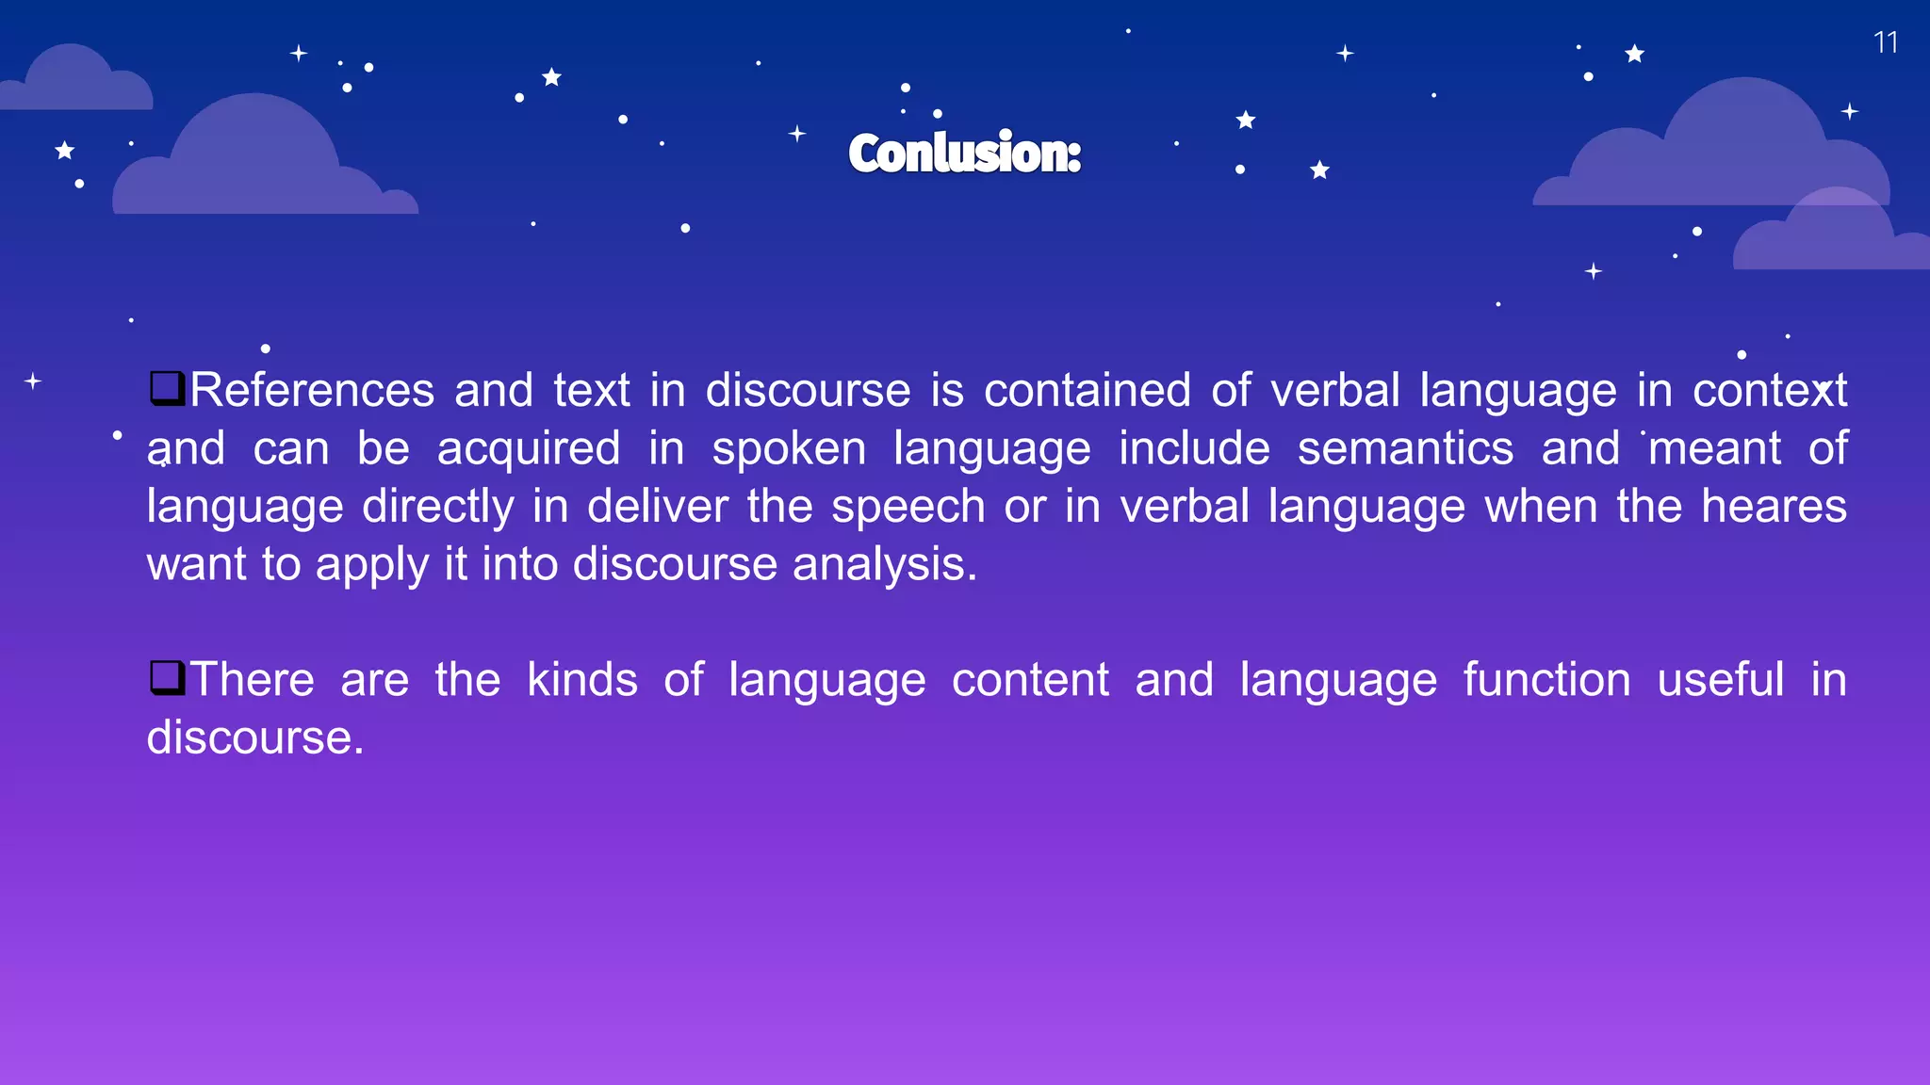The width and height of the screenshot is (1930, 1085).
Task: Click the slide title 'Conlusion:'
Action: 964,153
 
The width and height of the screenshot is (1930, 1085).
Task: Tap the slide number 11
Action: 1885,42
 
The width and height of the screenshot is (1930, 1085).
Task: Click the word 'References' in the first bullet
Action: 312,390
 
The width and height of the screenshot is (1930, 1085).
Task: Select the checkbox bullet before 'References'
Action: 167,387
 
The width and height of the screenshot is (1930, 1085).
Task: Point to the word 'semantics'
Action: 1405,448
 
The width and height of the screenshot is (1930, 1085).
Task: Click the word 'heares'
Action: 1774,506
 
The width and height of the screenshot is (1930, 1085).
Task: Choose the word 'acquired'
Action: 529,448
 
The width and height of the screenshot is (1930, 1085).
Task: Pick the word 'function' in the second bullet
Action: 1546,679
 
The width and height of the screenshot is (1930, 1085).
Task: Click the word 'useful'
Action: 1721,679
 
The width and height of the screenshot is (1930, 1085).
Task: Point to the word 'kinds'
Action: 582,679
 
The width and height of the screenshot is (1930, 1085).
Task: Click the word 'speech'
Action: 907,508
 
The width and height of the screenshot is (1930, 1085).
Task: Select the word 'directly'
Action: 438,508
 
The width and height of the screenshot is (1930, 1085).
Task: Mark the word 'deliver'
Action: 658,506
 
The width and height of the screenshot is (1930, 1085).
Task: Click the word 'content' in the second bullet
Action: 1030,679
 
